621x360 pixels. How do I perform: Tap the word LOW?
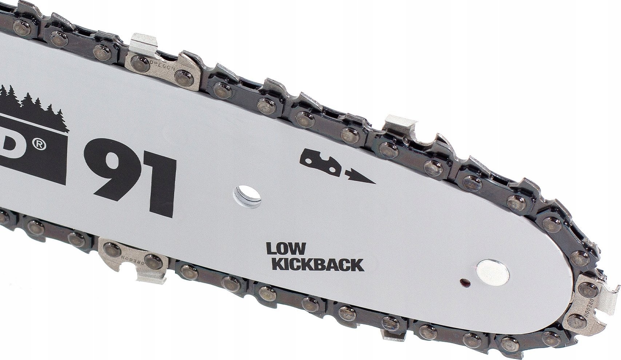point(285,249)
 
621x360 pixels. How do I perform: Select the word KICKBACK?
point(318,264)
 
